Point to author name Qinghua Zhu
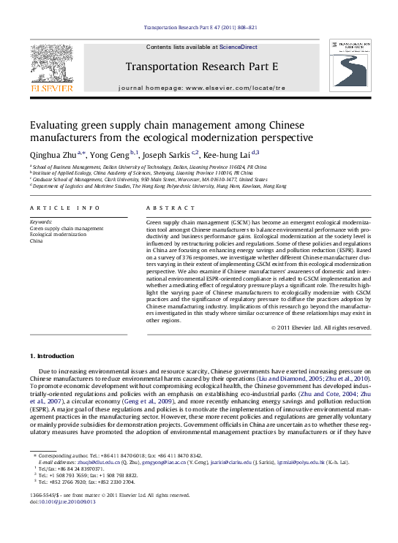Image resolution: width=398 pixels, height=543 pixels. click(53, 154)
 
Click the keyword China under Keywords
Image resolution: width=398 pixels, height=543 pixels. click(37, 240)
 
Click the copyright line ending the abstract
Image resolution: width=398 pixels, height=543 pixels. click(320, 327)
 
